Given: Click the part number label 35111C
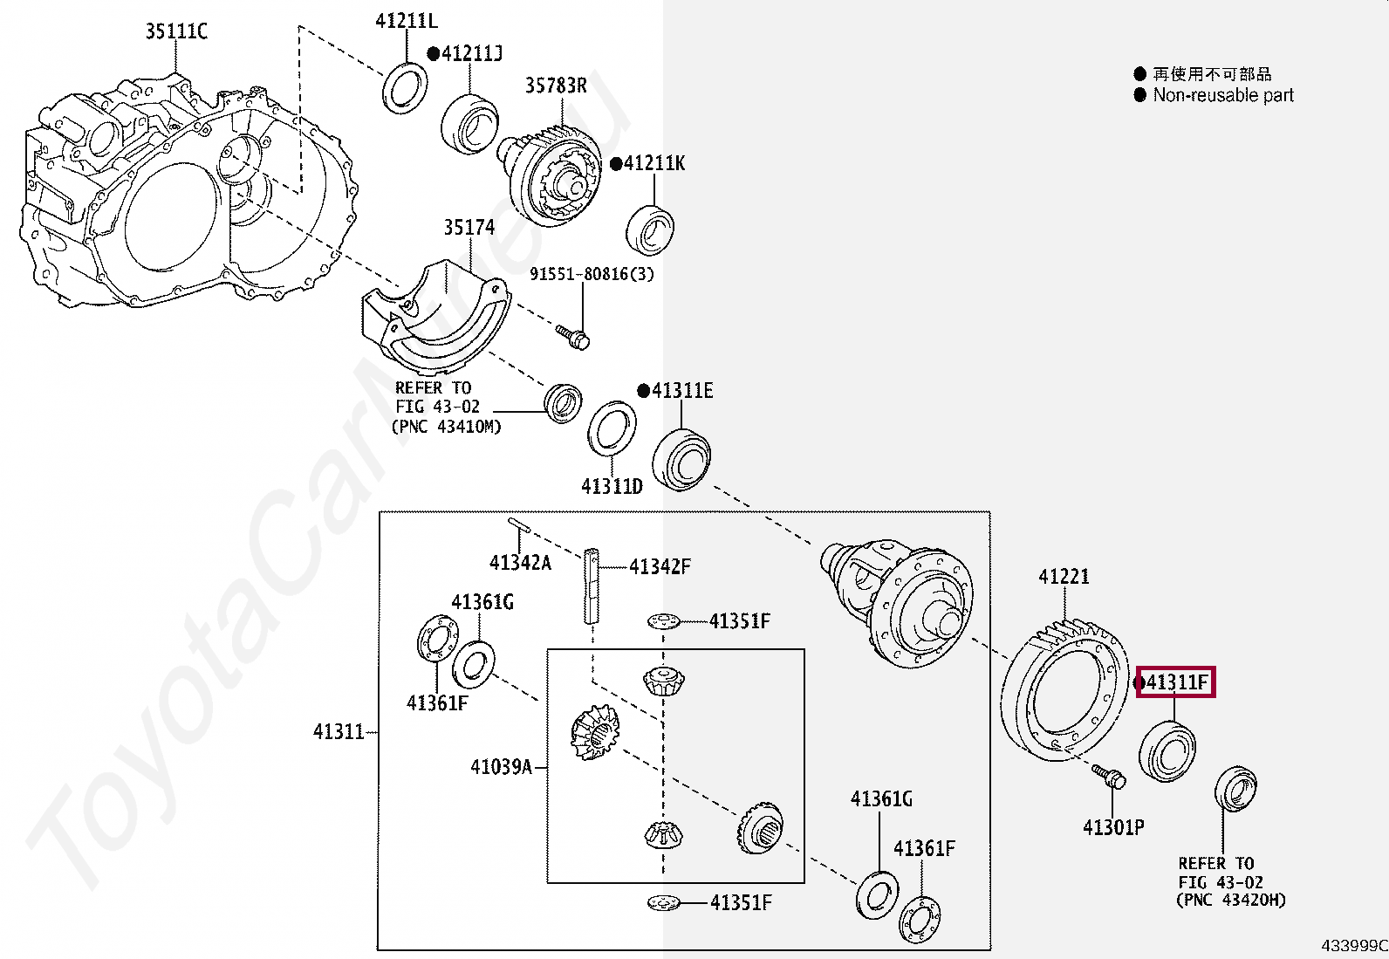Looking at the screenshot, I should pos(176,32).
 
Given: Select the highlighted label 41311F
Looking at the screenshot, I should pos(1176,682).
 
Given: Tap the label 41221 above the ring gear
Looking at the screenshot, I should pos(1064,577).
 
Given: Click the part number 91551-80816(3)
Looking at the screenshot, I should pos(592,274).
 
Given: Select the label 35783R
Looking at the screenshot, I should pos(556,86).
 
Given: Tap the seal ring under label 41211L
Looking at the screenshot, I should pos(406,86).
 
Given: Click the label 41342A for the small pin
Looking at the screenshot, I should pos(520,563).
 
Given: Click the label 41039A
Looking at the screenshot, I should pos(501,767).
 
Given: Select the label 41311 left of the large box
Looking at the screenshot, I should pos(339,731).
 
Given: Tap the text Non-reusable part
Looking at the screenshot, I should pos(1222,95).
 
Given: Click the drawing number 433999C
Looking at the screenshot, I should pos(1353,946).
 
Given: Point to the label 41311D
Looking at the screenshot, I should pos(612,486).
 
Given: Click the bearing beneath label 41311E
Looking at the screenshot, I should pos(682,458).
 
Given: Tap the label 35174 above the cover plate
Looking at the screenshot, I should pos(469,227).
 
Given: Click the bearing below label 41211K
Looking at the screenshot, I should pos(650,229).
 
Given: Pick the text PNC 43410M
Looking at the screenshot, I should pos(448,427).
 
